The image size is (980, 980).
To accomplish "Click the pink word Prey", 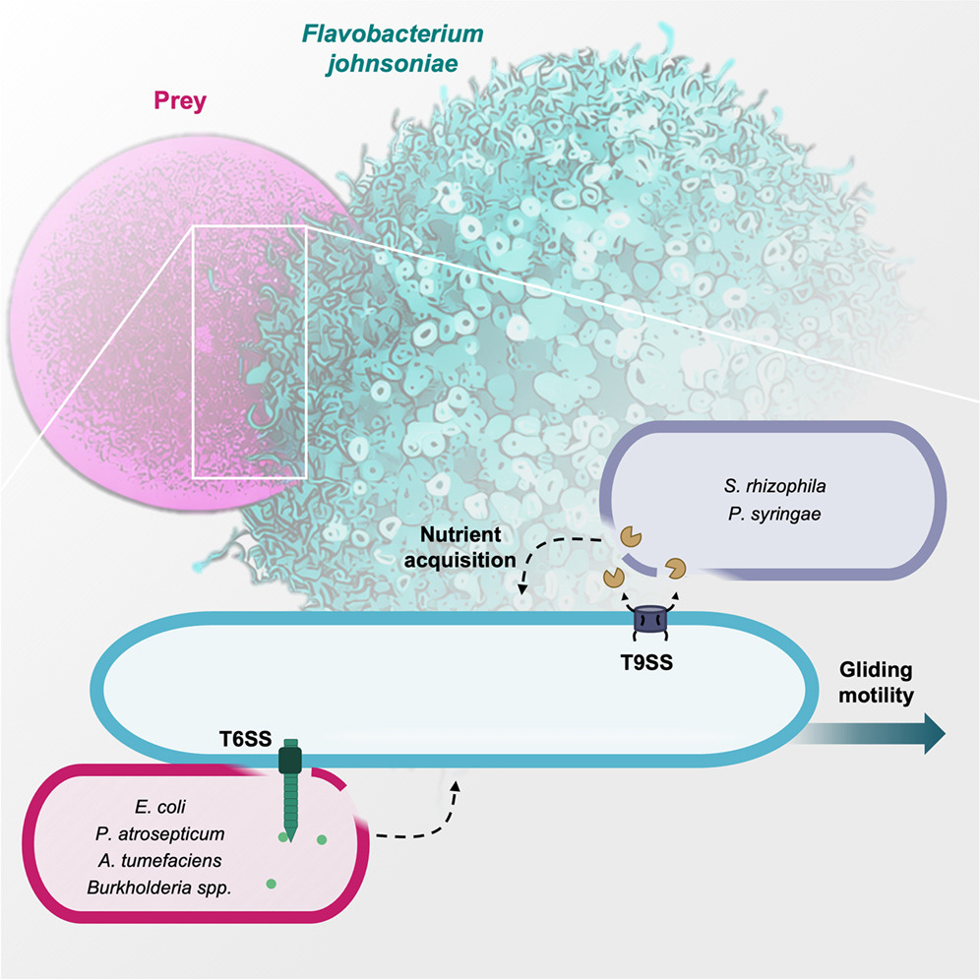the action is coord(180,100).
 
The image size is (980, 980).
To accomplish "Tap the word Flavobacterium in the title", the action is coord(393,33).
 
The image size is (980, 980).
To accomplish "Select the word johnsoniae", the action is coord(392,63).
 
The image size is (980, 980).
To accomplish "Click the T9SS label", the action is coord(646,662).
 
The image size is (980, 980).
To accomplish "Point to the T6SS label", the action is coord(245,739).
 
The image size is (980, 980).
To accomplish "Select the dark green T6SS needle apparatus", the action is coord(290,789).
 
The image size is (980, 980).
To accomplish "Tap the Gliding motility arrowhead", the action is coord(934,733).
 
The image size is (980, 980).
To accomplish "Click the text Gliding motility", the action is coord(876,683).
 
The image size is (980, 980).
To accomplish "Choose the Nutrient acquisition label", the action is coord(460,547).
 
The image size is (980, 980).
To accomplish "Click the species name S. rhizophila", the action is coord(775,486).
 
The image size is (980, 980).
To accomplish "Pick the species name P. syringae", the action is coord(774,515).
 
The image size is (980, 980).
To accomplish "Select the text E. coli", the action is coord(160,806).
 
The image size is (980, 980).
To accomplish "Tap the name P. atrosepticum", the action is coord(160,833).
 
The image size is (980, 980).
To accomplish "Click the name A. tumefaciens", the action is coord(160,861).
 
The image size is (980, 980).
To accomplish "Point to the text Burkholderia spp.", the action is coord(159,888).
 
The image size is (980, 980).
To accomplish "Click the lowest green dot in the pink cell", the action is coord(272,884).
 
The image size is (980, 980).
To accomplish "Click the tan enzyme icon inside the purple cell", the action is coord(631,536).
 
